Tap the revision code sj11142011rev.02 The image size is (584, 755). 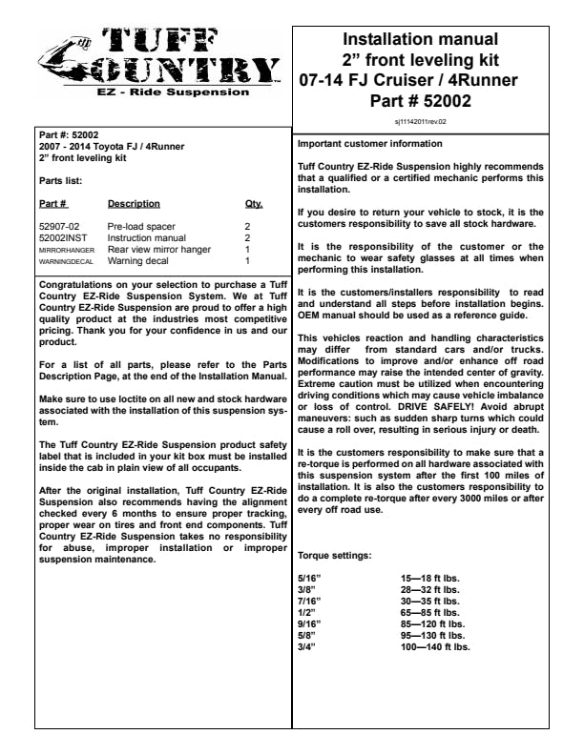tap(421, 122)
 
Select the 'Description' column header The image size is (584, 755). tap(134, 204)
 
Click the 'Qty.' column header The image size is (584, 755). tap(254, 204)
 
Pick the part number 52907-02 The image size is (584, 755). tap(59, 227)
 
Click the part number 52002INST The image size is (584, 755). tap(63, 238)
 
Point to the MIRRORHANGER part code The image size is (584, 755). tap(66, 250)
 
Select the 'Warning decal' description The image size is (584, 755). tap(139, 260)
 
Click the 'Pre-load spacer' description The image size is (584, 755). tap(141, 227)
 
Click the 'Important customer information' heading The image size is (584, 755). tap(369, 144)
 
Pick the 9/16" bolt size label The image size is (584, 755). tap(311, 623)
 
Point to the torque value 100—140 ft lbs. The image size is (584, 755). tap(435, 646)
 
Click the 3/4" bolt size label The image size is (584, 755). tap(308, 646)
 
